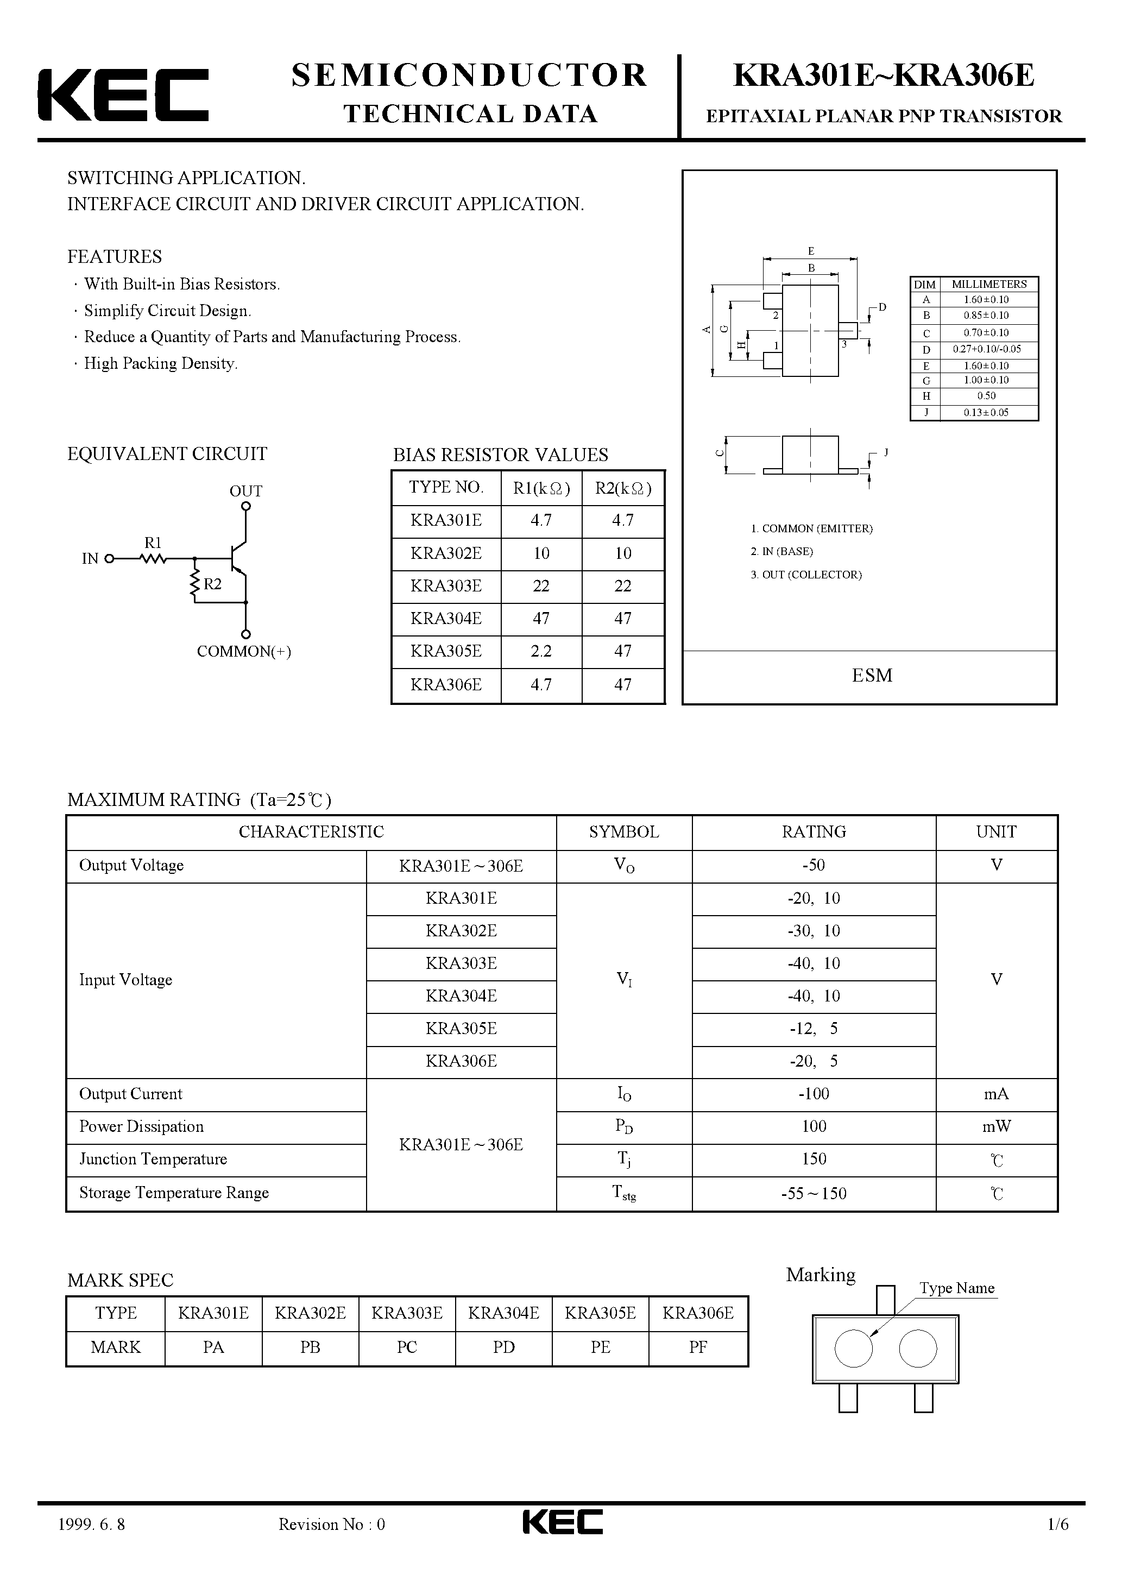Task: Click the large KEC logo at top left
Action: pyautogui.click(x=123, y=94)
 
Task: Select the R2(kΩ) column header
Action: pyautogui.click(x=622, y=488)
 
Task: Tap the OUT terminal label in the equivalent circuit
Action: pyautogui.click(x=245, y=491)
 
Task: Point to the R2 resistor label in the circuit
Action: pyautogui.click(x=212, y=584)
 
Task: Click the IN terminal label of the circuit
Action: pyautogui.click(x=91, y=559)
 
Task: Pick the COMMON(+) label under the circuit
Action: pyautogui.click(x=243, y=652)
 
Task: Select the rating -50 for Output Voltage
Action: pyautogui.click(x=814, y=865)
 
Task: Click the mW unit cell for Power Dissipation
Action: pyautogui.click(x=996, y=1127)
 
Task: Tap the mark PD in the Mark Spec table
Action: pyautogui.click(x=503, y=1347)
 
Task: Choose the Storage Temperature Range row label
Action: pyautogui.click(x=174, y=1193)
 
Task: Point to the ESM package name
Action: pyautogui.click(x=872, y=675)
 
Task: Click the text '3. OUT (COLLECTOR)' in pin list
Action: pyautogui.click(x=806, y=575)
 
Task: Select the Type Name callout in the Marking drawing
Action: pyautogui.click(x=957, y=1288)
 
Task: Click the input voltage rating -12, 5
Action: pyautogui.click(x=814, y=1029)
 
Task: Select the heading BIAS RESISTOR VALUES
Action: pyautogui.click(x=500, y=455)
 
